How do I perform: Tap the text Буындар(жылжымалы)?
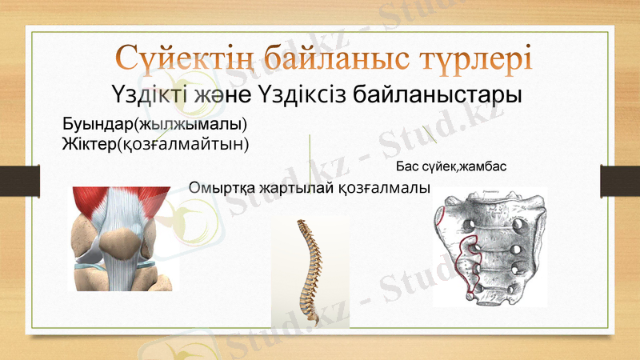[x=154, y=126]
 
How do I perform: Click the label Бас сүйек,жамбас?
[x=452, y=168]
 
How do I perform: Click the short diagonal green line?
[x=429, y=134]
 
